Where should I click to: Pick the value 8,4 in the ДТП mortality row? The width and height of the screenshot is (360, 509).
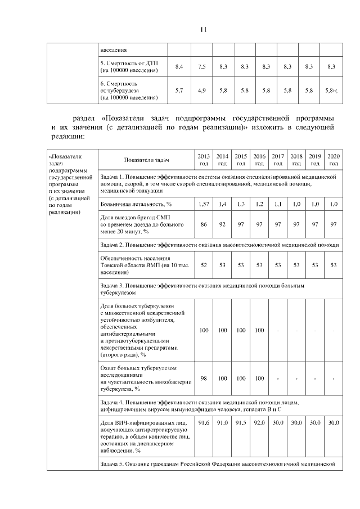coord(179,67)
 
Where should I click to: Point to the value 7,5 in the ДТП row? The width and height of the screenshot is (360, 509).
coord(202,67)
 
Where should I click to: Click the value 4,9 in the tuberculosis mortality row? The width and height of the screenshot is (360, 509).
coord(202,90)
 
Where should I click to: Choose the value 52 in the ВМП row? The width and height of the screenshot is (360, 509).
coord(204,265)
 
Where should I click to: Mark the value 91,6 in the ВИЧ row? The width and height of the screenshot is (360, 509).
coord(204,422)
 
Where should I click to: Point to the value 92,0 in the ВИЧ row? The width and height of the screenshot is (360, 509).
coord(259,422)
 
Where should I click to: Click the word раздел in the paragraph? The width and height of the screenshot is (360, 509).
coord(84,119)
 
